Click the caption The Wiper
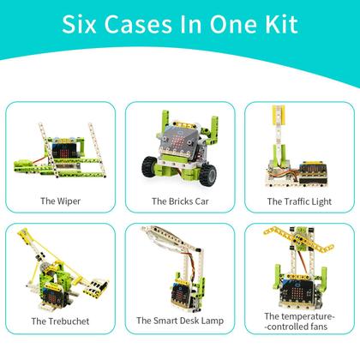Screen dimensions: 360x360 [x=60, y=201]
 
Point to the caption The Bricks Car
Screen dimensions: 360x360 [x=180, y=201]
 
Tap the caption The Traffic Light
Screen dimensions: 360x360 [x=299, y=201]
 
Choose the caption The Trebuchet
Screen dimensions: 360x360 [x=60, y=321]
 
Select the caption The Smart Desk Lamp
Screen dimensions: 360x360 [x=180, y=321]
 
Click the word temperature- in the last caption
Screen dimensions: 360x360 [x=300, y=316]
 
